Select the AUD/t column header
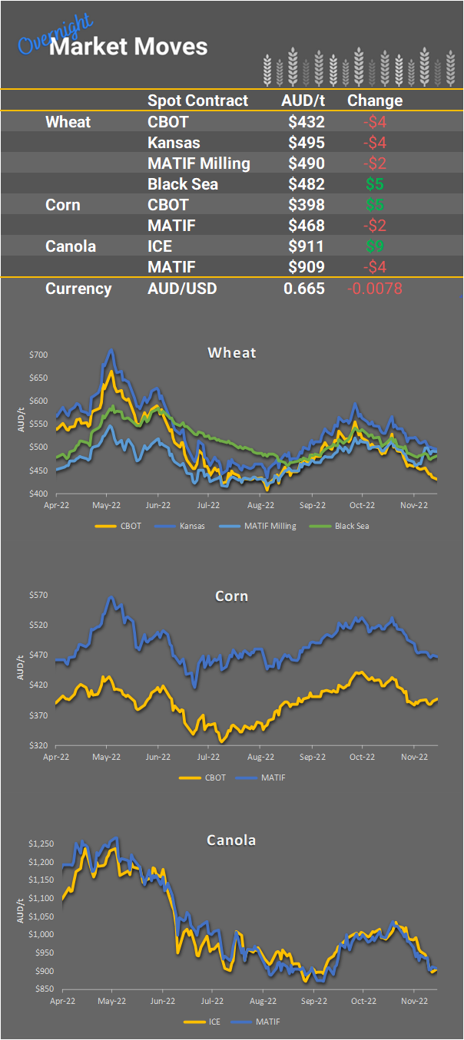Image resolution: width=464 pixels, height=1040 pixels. pyautogui.click(x=303, y=101)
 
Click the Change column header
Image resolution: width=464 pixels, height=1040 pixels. pyautogui.click(x=375, y=101)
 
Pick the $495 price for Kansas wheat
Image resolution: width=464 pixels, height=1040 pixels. pyautogui.click(x=307, y=142)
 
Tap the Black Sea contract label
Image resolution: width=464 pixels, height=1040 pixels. pyautogui.click(x=183, y=184)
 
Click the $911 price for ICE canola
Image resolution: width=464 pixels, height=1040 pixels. pyautogui.click(x=307, y=246)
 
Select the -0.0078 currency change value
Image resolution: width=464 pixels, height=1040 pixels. pyautogui.click(x=376, y=289)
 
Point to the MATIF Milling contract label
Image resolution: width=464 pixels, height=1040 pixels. pyautogui.click(x=198, y=163)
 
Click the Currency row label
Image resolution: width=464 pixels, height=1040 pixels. pyautogui.click(x=78, y=289)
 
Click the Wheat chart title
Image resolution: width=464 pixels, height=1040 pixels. pyautogui.click(x=232, y=353)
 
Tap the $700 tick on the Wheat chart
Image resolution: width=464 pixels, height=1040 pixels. pyautogui.click(x=38, y=355)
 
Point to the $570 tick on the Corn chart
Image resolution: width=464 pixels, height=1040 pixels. pyautogui.click(x=38, y=595)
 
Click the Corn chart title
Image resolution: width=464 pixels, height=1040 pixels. pyautogui.click(x=232, y=596)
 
